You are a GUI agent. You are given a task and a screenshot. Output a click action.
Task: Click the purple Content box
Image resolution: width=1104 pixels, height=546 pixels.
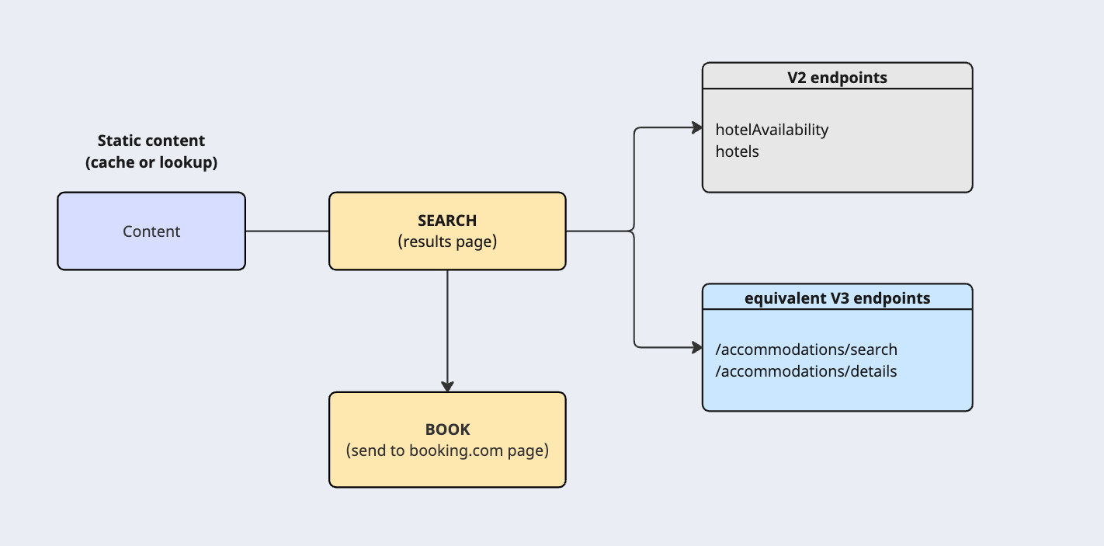[x=151, y=231]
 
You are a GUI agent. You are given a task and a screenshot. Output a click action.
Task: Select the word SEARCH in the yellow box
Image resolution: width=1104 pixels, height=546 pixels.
[x=447, y=221]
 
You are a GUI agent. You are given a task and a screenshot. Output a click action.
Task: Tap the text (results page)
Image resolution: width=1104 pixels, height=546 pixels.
[x=447, y=242]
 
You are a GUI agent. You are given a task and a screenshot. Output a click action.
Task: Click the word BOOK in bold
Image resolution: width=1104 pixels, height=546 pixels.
[x=447, y=429]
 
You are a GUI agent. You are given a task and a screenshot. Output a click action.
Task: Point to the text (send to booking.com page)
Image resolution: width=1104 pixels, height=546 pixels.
[x=447, y=450]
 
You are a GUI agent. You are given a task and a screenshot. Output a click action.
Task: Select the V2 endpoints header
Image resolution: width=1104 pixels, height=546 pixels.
[x=837, y=78]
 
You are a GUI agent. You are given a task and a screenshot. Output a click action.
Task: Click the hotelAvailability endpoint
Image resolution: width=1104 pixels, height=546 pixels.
[x=772, y=130]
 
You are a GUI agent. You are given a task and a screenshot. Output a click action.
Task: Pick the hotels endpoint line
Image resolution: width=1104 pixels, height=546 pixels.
[x=737, y=151]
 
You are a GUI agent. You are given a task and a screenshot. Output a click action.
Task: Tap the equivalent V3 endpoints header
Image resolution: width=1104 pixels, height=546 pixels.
[x=837, y=298]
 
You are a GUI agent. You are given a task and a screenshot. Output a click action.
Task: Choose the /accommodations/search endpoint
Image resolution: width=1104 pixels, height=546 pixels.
[x=806, y=350]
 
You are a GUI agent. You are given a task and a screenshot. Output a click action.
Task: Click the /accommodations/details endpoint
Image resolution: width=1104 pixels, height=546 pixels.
[x=806, y=371]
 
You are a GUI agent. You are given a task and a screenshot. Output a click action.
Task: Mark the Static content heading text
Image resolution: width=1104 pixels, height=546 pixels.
[x=151, y=141]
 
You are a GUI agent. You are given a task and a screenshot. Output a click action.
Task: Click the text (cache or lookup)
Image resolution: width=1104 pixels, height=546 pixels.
[x=151, y=162]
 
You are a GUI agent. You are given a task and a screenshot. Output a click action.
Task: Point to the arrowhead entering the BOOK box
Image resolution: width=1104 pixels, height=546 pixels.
[x=447, y=386]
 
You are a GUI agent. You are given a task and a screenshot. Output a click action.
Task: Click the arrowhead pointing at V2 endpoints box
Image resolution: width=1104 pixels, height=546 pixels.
[x=696, y=127]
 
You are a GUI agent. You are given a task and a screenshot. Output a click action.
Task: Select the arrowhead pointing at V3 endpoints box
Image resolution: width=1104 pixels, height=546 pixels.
[x=696, y=347]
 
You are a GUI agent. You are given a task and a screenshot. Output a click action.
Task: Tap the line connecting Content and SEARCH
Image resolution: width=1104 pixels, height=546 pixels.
[x=287, y=231]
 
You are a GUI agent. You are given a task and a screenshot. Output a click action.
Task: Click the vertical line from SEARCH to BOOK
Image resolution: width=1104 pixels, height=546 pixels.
[x=447, y=326]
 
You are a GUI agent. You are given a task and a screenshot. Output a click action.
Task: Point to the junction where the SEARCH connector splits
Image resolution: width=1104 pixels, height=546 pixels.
[x=634, y=231]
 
